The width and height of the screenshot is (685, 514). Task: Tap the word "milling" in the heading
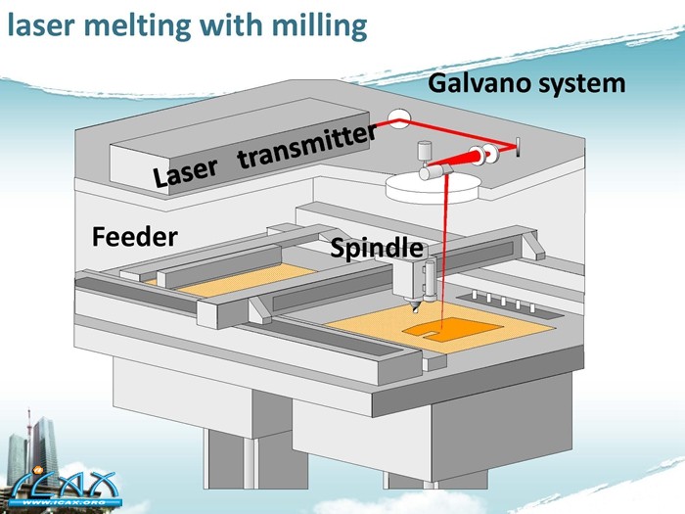point(313,26)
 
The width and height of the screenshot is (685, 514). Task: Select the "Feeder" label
point(134,236)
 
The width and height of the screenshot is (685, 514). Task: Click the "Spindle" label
point(377,249)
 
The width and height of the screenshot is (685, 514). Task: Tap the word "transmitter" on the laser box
point(306,147)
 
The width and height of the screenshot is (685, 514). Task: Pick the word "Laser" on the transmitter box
point(186,173)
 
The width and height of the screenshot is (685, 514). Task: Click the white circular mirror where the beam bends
point(399,118)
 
